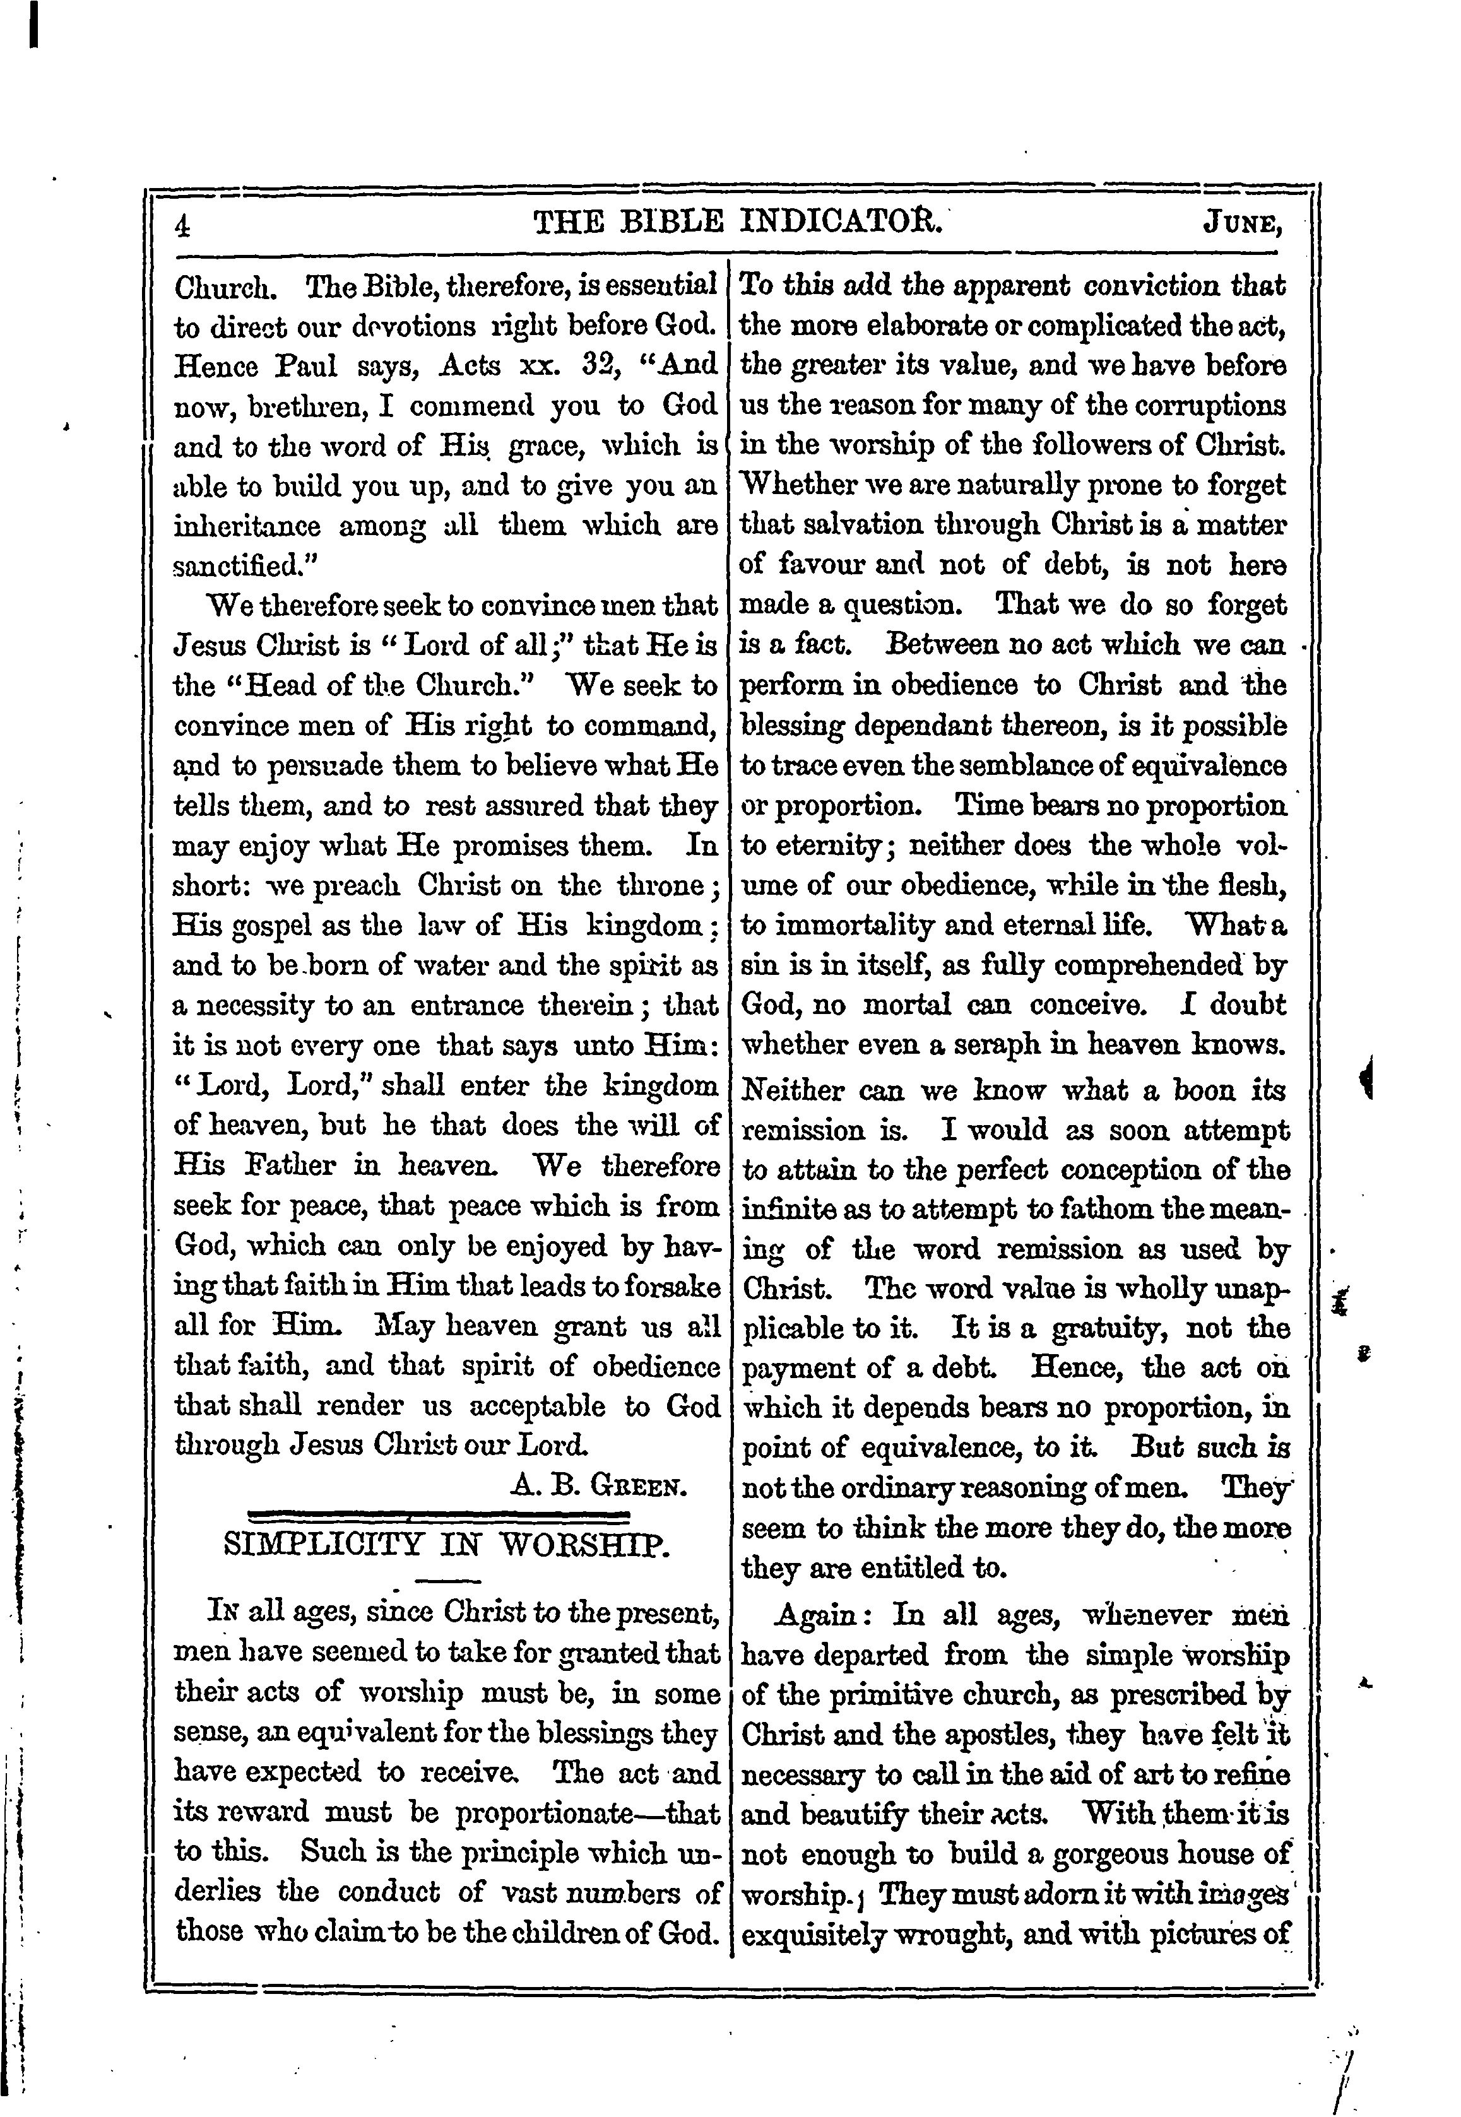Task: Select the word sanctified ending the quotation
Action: [x=240, y=567]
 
